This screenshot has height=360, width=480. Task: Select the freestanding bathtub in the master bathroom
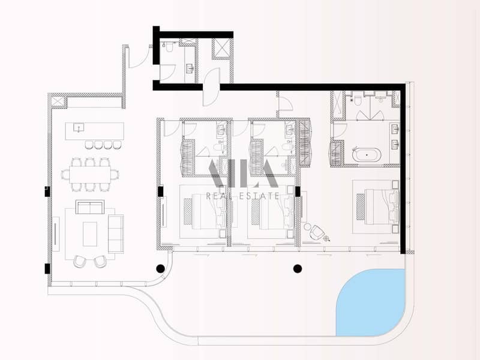(365, 156)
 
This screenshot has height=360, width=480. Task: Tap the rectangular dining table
(89, 175)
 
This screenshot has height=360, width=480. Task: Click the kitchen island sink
(78, 127)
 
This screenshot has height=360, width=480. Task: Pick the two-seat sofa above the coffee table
(89, 207)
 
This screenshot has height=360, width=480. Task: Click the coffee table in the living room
(89, 233)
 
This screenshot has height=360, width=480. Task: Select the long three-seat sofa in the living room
(116, 233)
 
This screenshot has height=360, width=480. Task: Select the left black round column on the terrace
(161, 268)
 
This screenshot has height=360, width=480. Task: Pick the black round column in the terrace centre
(298, 268)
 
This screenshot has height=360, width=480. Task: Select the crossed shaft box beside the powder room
(221, 47)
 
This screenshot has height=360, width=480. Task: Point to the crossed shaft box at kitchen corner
(58, 101)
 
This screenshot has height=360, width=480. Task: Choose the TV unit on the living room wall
(56, 234)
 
